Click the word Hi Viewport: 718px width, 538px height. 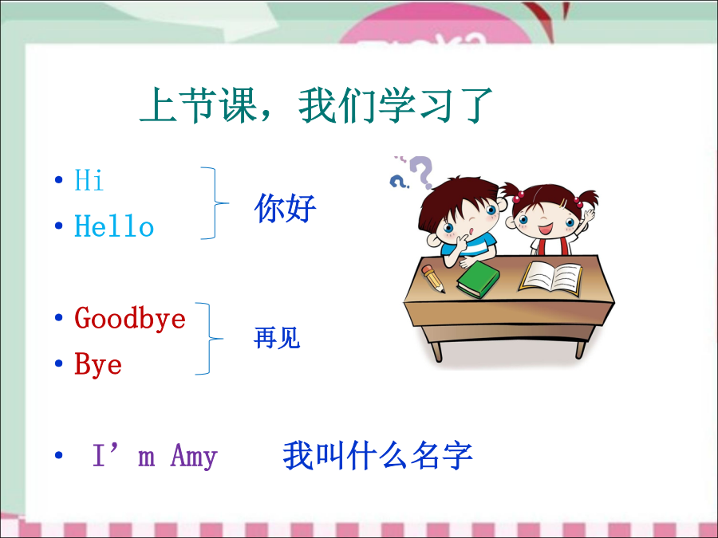[x=89, y=179]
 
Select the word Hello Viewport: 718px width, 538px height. [x=114, y=226]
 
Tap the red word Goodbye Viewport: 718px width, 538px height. [x=130, y=318]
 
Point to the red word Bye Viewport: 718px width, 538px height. [x=98, y=364]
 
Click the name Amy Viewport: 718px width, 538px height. [x=194, y=456]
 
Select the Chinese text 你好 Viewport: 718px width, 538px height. [x=285, y=208]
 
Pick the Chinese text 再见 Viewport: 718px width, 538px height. [x=277, y=338]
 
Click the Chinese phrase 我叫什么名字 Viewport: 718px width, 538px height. [x=378, y=456]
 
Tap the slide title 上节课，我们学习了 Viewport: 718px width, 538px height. [x=316, y=105]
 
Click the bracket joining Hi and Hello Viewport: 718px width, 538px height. [x=215, y=202]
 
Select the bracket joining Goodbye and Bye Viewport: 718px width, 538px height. [x=209, y=339]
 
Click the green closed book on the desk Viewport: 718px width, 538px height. [x=478, y=279]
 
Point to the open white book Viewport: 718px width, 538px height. [x=550, y=277]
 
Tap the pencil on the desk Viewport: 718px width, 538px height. [x=433, y=279]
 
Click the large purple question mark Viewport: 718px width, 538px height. [x=422, y=171]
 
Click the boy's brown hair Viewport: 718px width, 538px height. [x=458, y=198]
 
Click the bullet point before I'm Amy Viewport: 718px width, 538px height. [x=58, y=455]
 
